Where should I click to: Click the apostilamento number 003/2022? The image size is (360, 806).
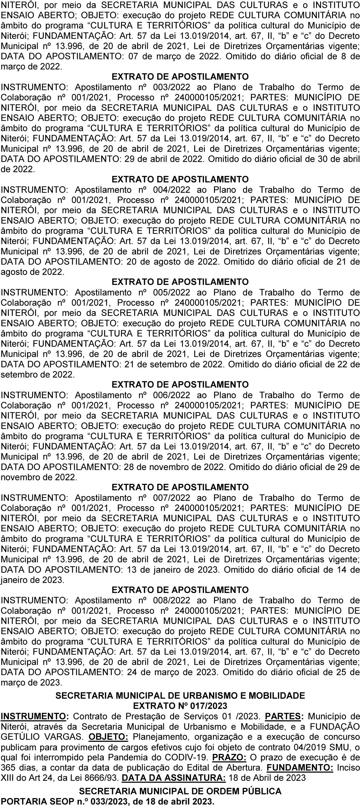(172, 87)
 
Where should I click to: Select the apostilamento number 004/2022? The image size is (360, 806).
(172, 190)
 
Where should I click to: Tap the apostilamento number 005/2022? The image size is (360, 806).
(172, 292)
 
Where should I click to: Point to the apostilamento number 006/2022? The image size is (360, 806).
(172, 395)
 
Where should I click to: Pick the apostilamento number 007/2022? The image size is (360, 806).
(172, 497)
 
